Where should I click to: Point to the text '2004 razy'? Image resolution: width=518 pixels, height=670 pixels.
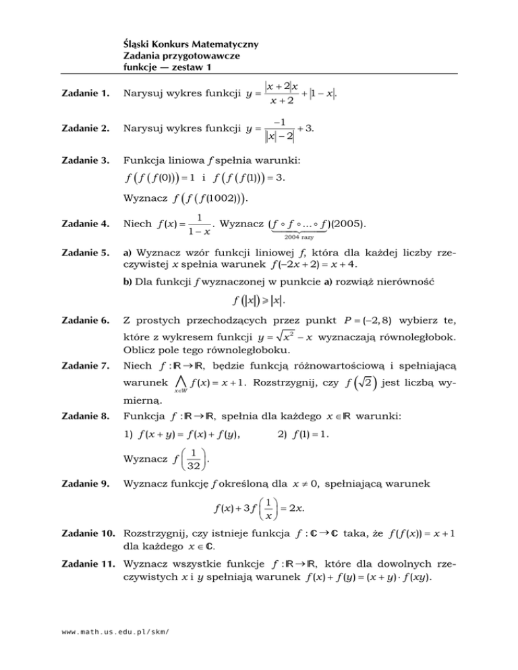pyautogui.click(x=310, y=237)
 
